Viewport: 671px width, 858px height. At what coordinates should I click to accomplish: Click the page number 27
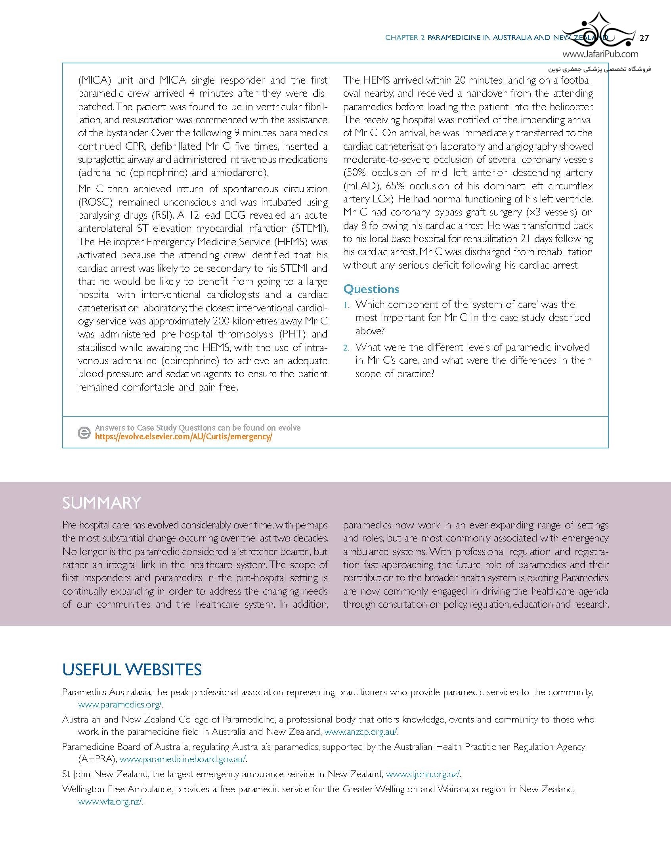(644, 38)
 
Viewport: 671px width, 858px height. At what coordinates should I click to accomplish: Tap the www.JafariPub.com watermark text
(600, 54)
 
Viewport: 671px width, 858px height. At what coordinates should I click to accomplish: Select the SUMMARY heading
(101, 503)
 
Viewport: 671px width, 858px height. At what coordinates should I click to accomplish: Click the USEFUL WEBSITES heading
(132, 669)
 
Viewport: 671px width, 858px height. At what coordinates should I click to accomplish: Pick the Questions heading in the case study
(371, 289)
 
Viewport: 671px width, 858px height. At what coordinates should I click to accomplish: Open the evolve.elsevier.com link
(183, 437)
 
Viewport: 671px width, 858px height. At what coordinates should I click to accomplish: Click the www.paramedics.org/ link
(120, 704)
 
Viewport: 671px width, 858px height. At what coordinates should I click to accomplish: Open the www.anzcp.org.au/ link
(361, 732)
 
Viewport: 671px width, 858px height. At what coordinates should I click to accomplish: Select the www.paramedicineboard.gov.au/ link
(183, 759)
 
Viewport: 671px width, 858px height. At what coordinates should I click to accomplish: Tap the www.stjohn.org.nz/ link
(422, 774)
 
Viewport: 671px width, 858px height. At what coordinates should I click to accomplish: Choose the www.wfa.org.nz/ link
(110, 801)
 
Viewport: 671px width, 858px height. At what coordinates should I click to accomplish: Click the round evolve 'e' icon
(84, 433)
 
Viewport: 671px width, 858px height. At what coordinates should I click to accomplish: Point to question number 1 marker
(347, 305)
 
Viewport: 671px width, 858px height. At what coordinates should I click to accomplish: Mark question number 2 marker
(347, 348)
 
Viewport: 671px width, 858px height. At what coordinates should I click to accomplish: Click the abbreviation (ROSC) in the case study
(96, 202)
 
